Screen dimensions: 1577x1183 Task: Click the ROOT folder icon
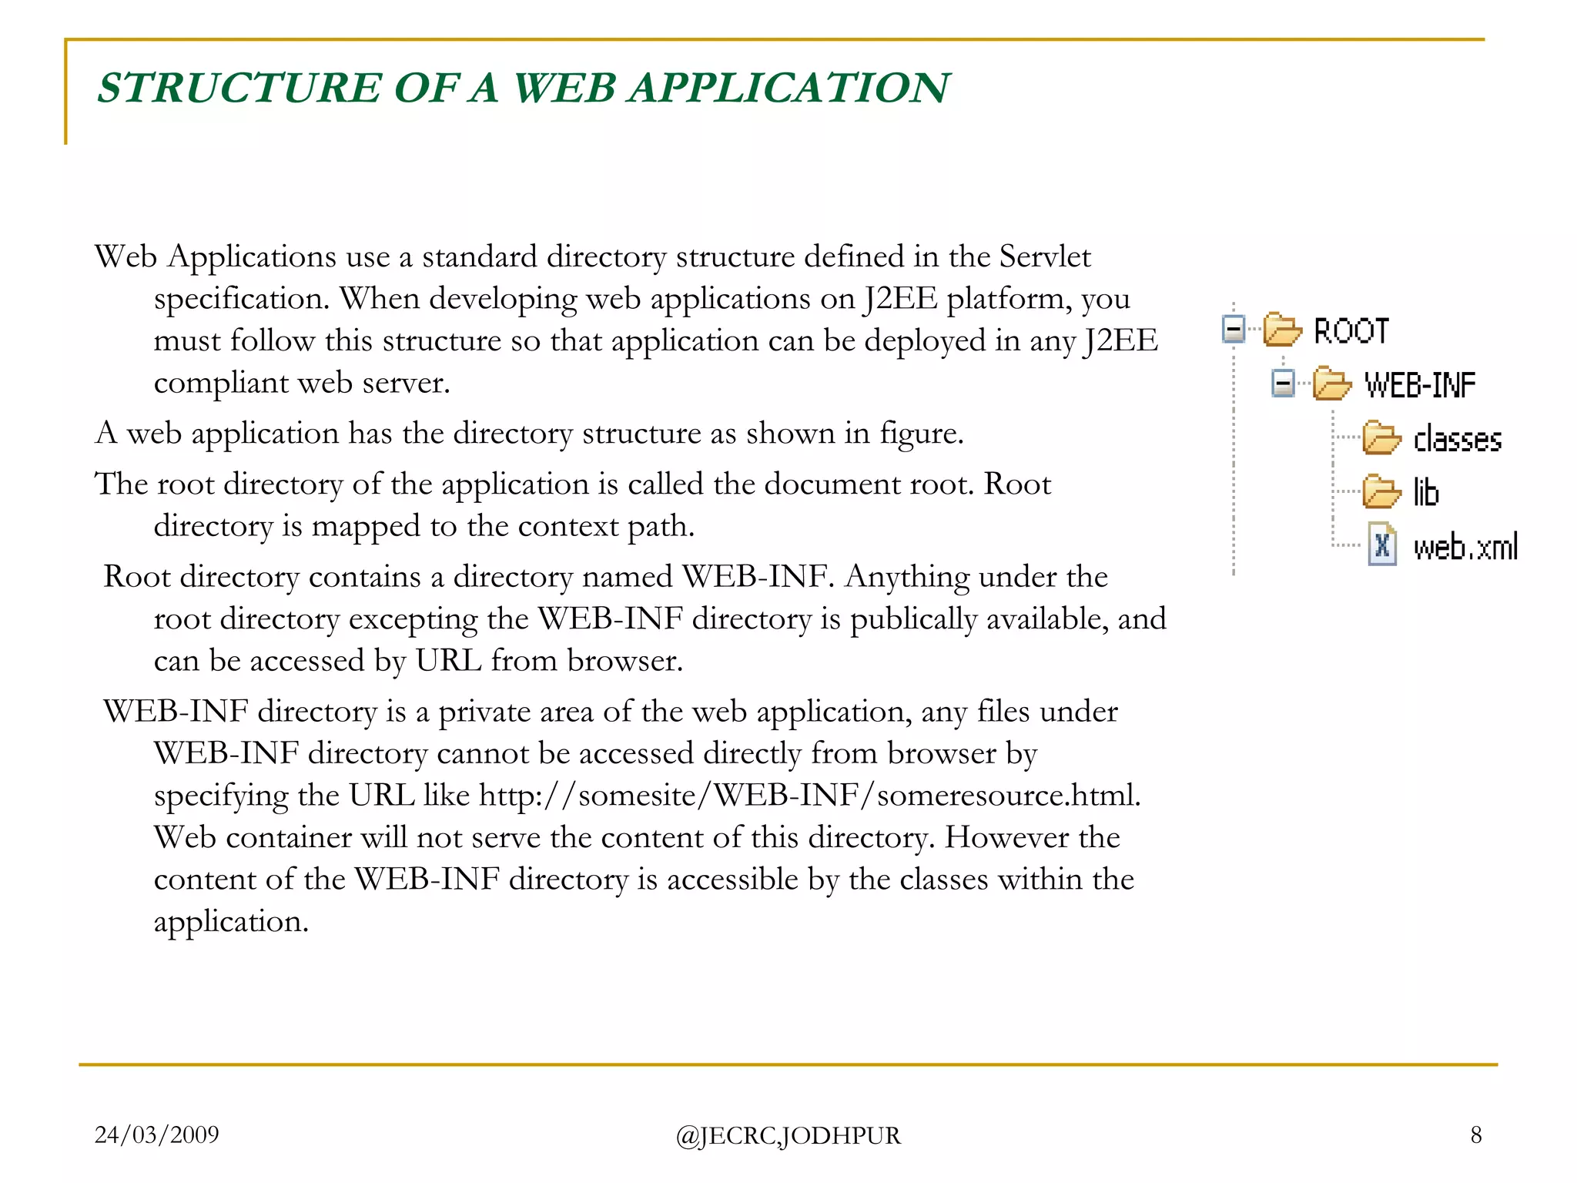tap(1281, 330)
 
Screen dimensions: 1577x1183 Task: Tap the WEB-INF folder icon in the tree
tap(1331, 384)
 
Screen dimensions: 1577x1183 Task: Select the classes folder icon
tap(1381, 438)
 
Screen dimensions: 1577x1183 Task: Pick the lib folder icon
tap(1381, 491)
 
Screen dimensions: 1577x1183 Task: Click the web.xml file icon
tap(1382, 545)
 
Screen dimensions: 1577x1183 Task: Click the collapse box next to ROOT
tap(1234, 330)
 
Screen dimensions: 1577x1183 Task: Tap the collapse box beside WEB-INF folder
tap(1283, 383)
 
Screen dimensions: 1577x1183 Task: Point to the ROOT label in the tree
tap(1351, 331)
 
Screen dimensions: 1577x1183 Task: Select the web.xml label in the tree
tap(1465, 547)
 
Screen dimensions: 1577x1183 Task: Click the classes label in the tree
tap(1458, 439)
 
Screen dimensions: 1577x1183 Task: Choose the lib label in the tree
tap(1426, 492)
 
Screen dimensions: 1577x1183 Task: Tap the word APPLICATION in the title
tap(789, 88)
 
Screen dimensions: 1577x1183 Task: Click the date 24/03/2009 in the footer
tap(156, 1134)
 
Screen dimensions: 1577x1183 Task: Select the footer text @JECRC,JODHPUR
tap(788, 1136)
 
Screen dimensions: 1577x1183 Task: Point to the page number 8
tap(1475, 1134)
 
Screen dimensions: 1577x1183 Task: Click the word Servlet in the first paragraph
tap(1045, 256)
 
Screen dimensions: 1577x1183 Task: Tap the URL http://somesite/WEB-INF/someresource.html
tap(809, 796)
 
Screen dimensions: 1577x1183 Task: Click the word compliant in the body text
tap(220, 384)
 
